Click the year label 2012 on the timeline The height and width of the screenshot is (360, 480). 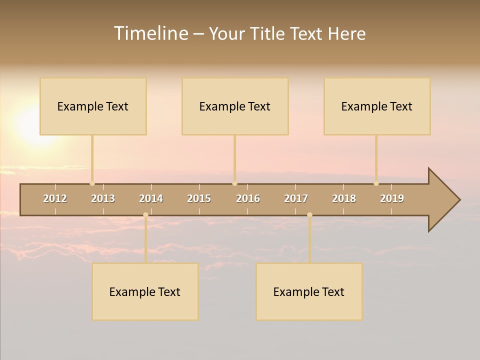click(55, 198)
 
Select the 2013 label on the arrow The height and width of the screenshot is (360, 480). click(103, 198)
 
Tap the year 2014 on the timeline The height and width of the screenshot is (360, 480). click(151, 198)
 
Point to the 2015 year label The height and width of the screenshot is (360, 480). click(199, 198)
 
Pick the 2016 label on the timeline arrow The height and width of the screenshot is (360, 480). click(248, 198)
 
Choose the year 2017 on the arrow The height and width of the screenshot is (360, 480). click(296, 198)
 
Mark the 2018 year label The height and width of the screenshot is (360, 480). click(344, 198)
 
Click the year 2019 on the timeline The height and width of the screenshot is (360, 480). click(392, 198)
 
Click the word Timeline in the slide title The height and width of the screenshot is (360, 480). click(150, 33)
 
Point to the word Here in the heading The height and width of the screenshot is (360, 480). click(346, 33)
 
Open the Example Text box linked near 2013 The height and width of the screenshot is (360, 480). click(93, 106)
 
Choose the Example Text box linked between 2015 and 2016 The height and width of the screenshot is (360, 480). click(235, 106)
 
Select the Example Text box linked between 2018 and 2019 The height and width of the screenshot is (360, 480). click(377, 106)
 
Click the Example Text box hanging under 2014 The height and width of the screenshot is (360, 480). click(145, 291)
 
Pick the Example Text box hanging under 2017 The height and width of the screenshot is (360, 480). click(309, 291)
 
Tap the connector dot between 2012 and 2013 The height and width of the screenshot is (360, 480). click(92, 183)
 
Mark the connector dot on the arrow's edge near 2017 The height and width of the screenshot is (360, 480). click(309, 215)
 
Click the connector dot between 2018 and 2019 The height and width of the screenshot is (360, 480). click(376, 183)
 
